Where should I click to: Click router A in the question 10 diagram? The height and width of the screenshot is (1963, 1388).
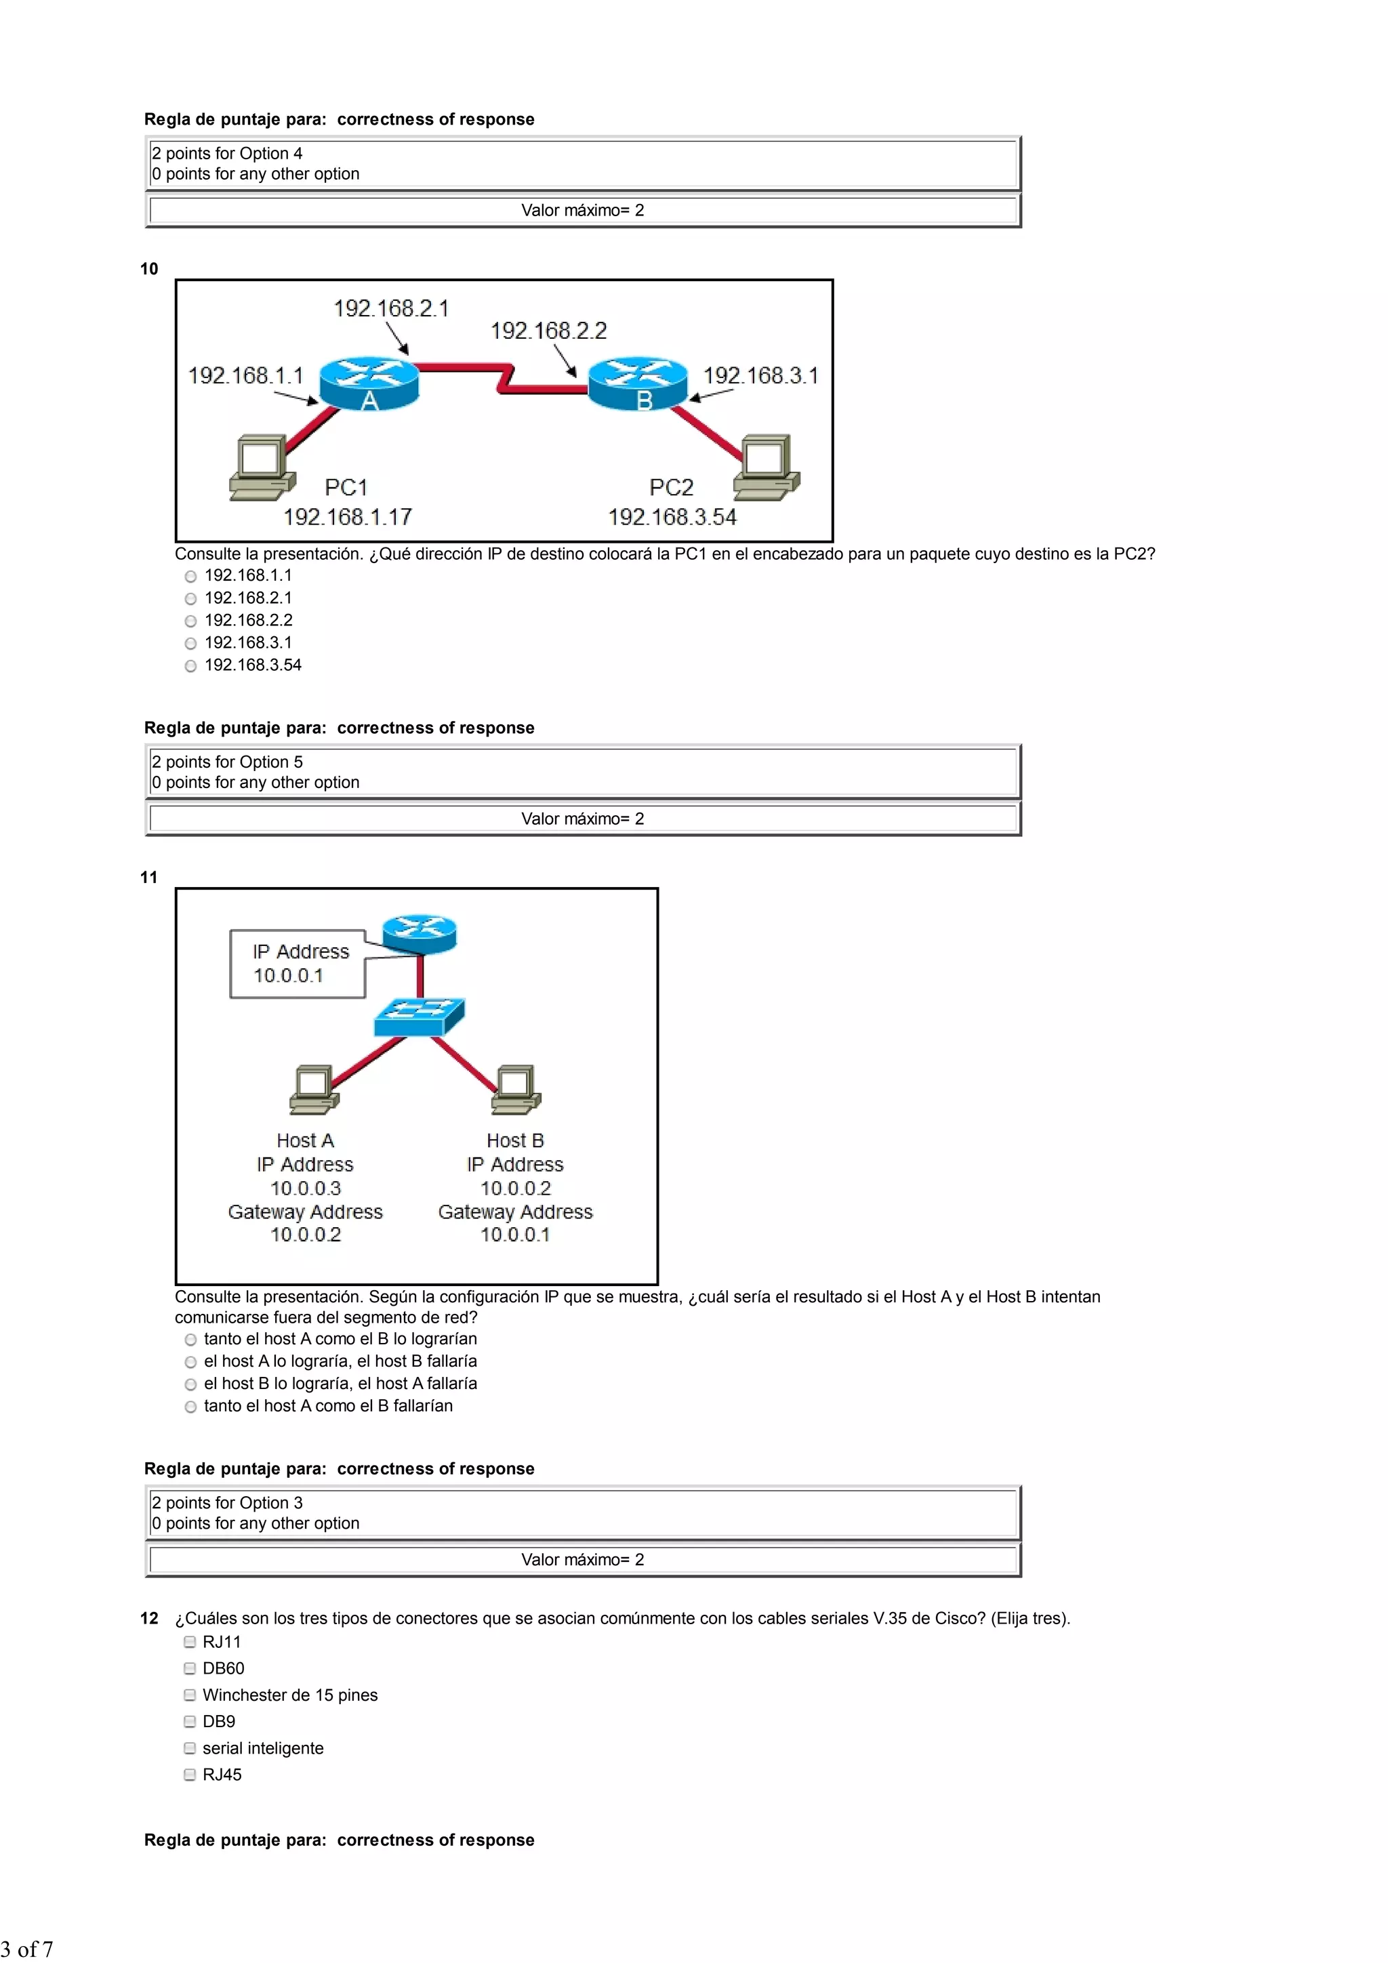(369, 384)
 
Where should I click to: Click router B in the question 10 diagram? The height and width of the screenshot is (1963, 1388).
(638, 384)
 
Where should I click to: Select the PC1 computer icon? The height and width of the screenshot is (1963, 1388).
(261, 467)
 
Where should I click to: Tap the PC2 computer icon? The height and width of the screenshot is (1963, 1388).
(767, 467)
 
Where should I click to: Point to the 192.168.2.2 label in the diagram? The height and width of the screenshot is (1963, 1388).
(548, 331)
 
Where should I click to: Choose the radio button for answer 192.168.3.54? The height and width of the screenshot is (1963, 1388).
(190, 666)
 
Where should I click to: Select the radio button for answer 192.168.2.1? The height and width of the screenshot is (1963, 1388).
(190, 599)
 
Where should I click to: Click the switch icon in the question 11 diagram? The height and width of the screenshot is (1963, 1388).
(419, 1016)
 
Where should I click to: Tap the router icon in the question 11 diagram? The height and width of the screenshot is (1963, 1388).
(419, 933)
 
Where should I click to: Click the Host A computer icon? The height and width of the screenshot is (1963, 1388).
(313, 1089)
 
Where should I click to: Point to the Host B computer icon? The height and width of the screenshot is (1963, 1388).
(516, 1089)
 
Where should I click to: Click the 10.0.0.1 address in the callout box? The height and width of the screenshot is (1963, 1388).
(288, 976)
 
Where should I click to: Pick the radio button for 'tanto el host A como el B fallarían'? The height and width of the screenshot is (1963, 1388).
(190, 1407)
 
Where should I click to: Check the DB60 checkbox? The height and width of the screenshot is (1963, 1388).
(190, 1669)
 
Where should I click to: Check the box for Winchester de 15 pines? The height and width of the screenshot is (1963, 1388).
(190, 1695)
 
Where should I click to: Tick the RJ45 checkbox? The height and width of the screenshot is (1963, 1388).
(190, 1775)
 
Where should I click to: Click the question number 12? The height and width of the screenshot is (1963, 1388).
(149, 1619)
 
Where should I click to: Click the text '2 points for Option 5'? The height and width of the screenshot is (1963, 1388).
(228, 762)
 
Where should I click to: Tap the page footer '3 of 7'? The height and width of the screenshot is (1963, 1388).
(26, 1949)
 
